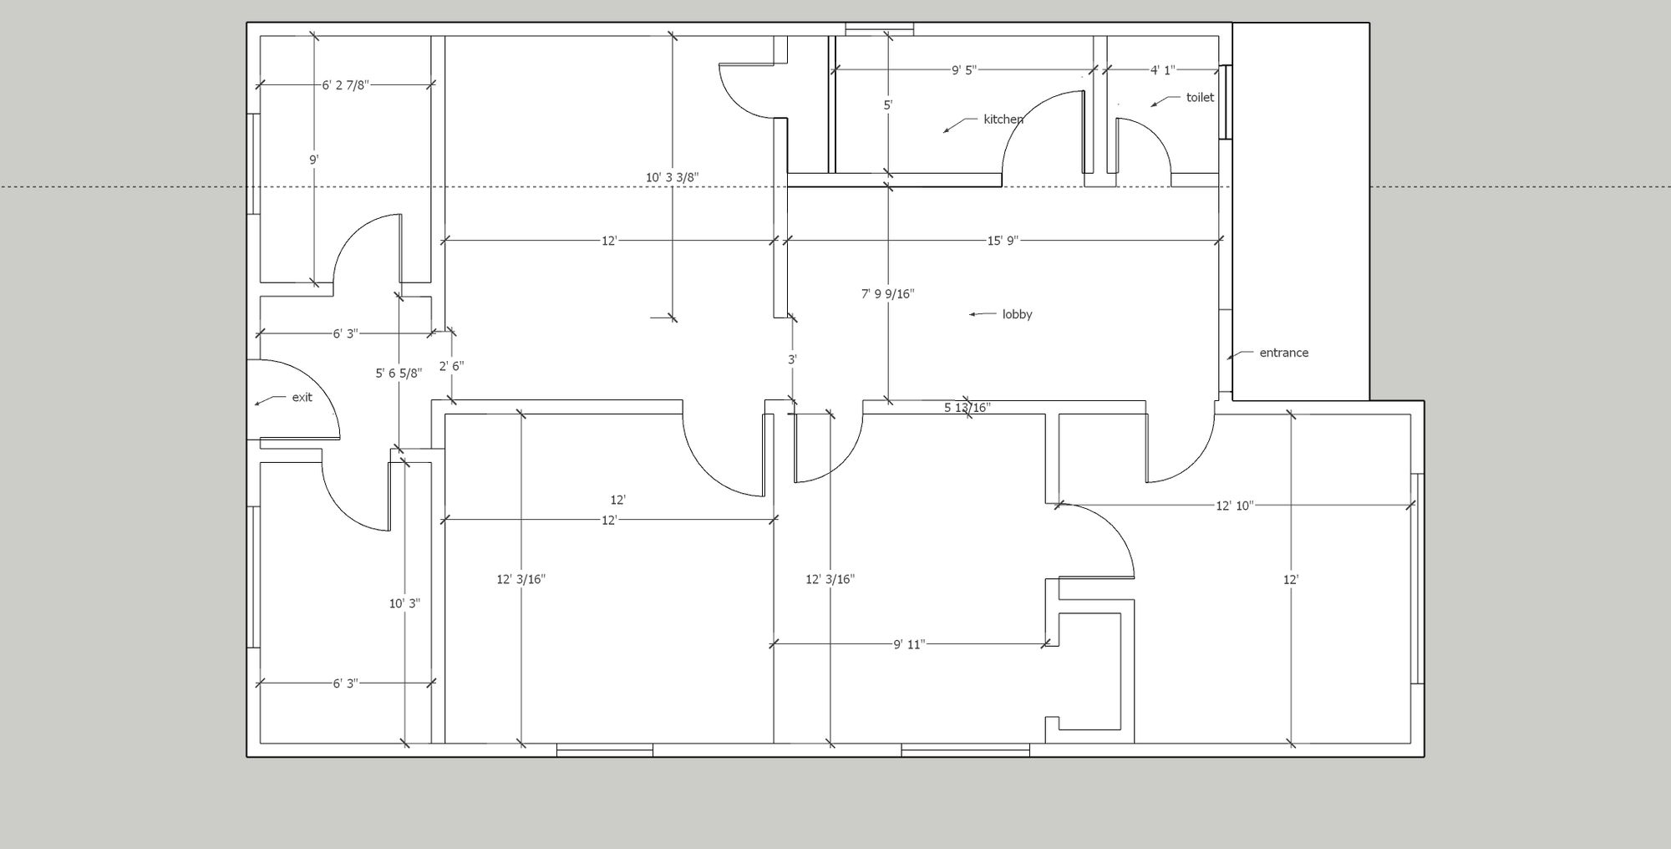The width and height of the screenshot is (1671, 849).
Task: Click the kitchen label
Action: (1003, 119)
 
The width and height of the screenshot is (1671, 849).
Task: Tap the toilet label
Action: (1200, 98)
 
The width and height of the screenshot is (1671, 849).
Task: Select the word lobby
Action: (1017, 315)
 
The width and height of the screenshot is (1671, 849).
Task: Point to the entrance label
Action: (1284, 353)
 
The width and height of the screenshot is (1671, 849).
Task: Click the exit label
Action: (302, 397)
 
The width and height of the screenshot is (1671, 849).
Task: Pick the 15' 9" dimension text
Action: (1002, 241)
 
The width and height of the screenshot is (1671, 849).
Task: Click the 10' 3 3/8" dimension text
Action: (673, 177)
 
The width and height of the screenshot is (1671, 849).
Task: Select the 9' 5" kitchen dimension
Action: (963, 70)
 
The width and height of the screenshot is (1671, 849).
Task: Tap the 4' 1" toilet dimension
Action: (1162, 70)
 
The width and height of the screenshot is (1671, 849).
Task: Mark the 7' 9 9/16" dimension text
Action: (888, 294)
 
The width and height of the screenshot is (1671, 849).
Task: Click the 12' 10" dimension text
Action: (1234, 506)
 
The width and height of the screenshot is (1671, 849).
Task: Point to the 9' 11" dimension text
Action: (909, 644)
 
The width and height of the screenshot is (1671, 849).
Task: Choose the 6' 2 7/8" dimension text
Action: (345, 85)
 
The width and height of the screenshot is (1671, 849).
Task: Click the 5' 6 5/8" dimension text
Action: (399, 374)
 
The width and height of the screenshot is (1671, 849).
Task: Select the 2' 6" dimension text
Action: (451, 366)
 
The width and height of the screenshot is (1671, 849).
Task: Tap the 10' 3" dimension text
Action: (404, 603)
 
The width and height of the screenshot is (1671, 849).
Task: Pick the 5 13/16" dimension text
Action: (968, 408)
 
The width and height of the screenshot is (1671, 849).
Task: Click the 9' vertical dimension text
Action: (314, 159)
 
